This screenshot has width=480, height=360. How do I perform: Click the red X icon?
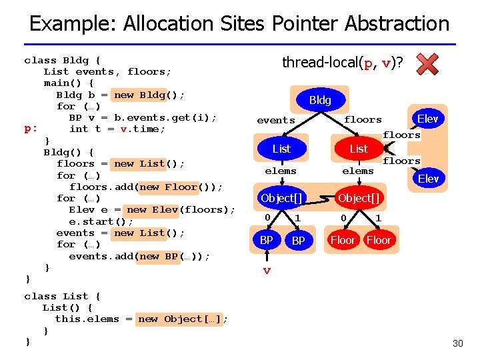tap(427, 64)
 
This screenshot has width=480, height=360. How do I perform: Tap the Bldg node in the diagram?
tap(320, 100)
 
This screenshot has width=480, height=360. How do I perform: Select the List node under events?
tap(281, 149)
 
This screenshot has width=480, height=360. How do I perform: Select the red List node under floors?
tap(359, 149)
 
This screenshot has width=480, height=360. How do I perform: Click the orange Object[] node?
tap(281, 198)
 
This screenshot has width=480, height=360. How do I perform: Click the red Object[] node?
tap(359, 198)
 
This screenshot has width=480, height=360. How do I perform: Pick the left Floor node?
tap(343, 240)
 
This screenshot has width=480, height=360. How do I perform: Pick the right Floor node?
tap(379, 240)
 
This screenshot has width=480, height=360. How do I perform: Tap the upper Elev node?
tap(427, 119)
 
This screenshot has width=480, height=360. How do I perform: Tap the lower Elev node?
tap(427, 179)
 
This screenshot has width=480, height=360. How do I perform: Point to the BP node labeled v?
tap(266, 240)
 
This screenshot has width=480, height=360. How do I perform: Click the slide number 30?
tap(457, 343)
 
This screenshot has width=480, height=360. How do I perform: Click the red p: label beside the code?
tap(31, 129)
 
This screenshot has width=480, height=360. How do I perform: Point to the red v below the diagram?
tap(267, 271)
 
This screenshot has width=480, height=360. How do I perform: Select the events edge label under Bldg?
tap(276, 121)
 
